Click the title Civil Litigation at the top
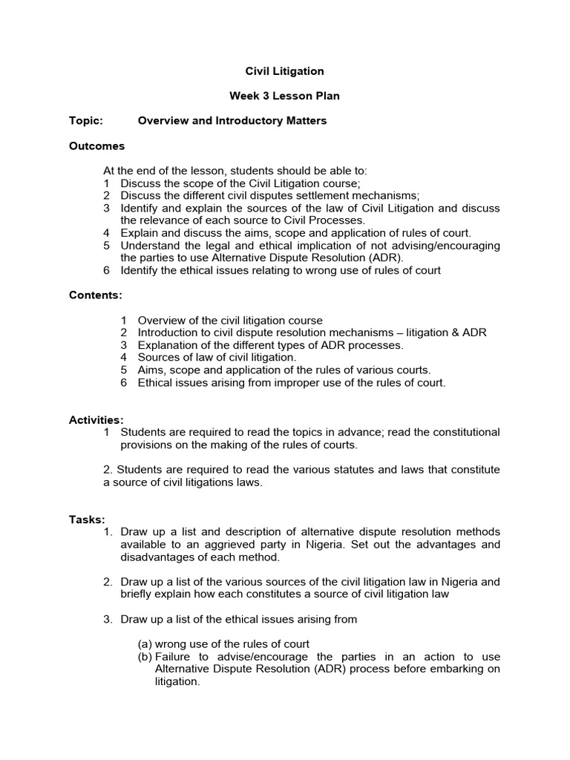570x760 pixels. (285, 71)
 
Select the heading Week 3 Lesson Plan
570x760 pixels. (285, 96)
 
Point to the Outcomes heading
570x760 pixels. (96, 145)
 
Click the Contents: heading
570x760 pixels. (96, 295)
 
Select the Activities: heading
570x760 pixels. (96, 419)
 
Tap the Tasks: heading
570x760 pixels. (88, 520)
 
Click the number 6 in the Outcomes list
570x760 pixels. (107, 270)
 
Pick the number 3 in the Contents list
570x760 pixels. (124, 345)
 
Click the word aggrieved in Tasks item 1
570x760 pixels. (211, 545)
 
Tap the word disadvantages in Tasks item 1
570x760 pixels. (157, 557)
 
